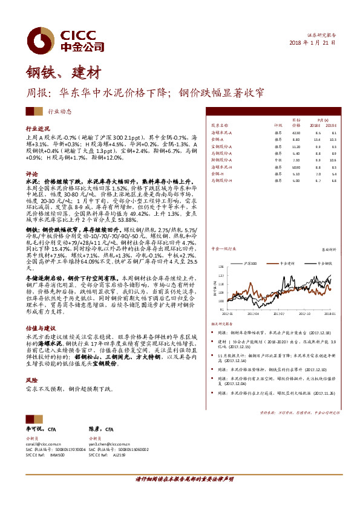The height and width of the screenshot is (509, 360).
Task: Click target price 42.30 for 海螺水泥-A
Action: pos(296,132)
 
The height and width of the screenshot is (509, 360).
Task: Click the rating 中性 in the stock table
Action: pos(278,160)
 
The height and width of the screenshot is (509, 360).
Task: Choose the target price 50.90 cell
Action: pos(296,166)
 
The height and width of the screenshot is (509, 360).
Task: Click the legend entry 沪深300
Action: pos(253,264)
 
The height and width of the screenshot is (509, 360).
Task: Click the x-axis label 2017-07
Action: pos(278,314)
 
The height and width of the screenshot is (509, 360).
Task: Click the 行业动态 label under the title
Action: pos(59,111)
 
